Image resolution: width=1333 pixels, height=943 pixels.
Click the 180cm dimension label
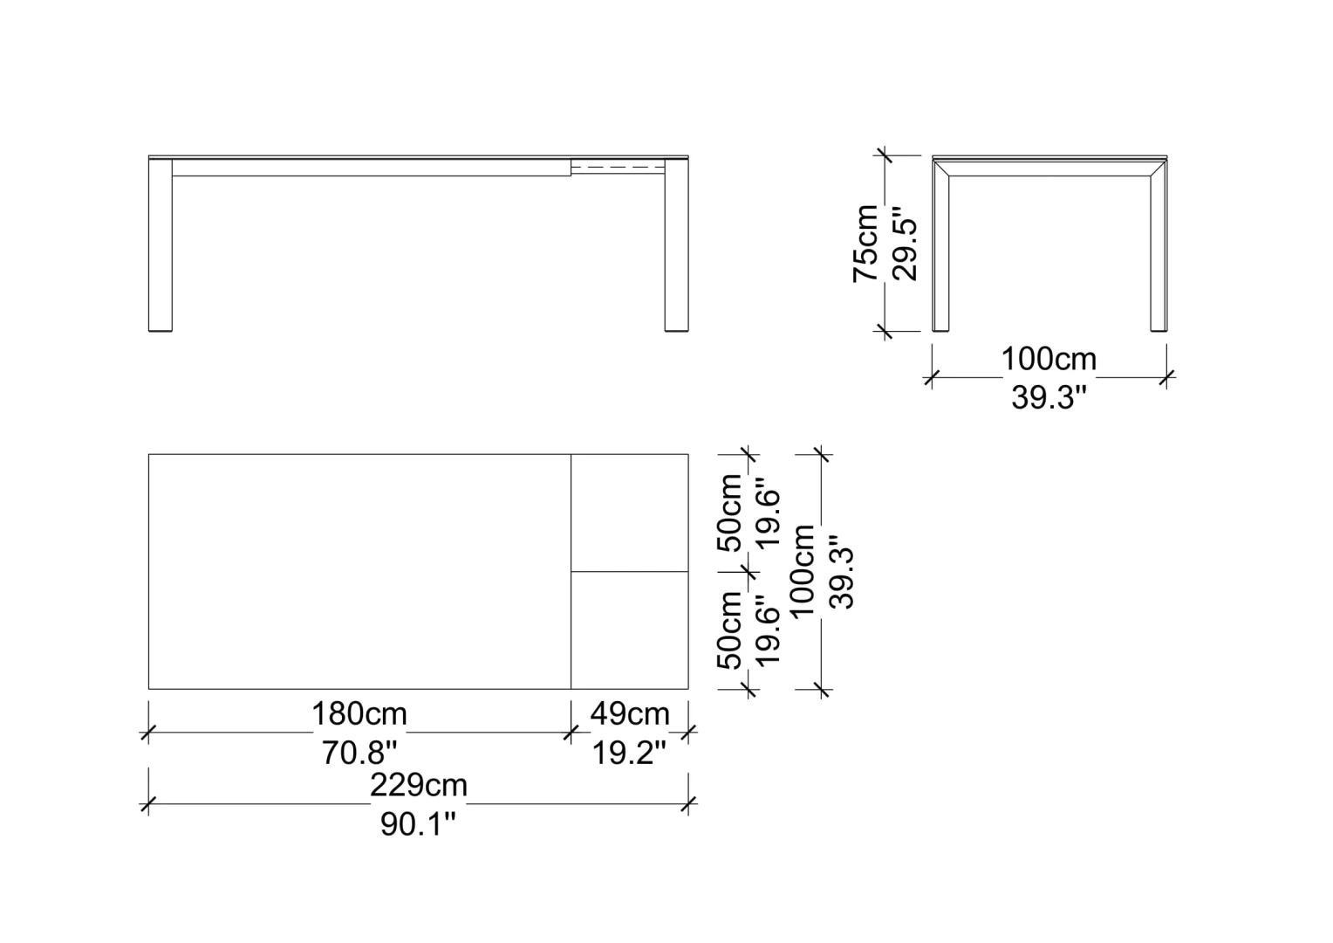point(359,713)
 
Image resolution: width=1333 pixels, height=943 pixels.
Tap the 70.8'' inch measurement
point(359,753)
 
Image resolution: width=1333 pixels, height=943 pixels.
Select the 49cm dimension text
point(630,713)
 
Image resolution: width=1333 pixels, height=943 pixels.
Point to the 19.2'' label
point(629,753)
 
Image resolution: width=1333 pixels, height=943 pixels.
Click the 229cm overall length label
point(419,785)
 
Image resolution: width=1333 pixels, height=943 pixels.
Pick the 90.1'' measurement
point(418,824)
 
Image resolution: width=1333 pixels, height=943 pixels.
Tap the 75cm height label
point(866,243)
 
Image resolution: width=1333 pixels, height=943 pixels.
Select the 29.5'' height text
point(906,244)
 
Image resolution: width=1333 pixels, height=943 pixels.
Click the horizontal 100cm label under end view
point(1049,359)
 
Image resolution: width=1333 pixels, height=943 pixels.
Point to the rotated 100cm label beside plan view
point(803,571)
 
